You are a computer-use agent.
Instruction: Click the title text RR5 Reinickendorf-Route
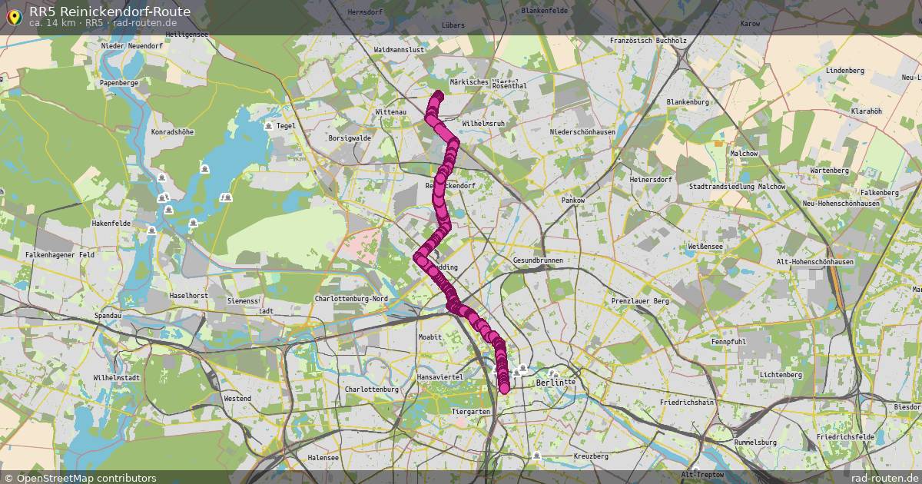click(110, 12)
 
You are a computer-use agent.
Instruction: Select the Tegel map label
click(286, 126)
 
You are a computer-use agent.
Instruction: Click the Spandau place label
click(107, 316)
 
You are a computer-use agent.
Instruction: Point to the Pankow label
click(573, 201)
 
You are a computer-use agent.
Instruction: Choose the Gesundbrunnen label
click(538, 260)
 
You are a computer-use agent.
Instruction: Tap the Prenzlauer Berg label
click(640, 301)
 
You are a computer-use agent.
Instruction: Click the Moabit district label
click(429, 337)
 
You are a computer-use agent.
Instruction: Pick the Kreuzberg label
click(591, 456)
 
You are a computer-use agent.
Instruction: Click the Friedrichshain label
click(687, 402)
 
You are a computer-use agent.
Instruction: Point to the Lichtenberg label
click(780, 375)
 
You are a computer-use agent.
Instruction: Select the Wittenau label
click(390, 112)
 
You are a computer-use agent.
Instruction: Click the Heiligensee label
click(165, 35)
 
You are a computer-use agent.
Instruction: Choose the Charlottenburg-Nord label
click(351, 299)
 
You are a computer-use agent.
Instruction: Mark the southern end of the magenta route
click(504, 389)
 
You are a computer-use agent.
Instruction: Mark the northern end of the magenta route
click(439, 94)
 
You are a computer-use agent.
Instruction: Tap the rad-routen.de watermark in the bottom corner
click(885, 478)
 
